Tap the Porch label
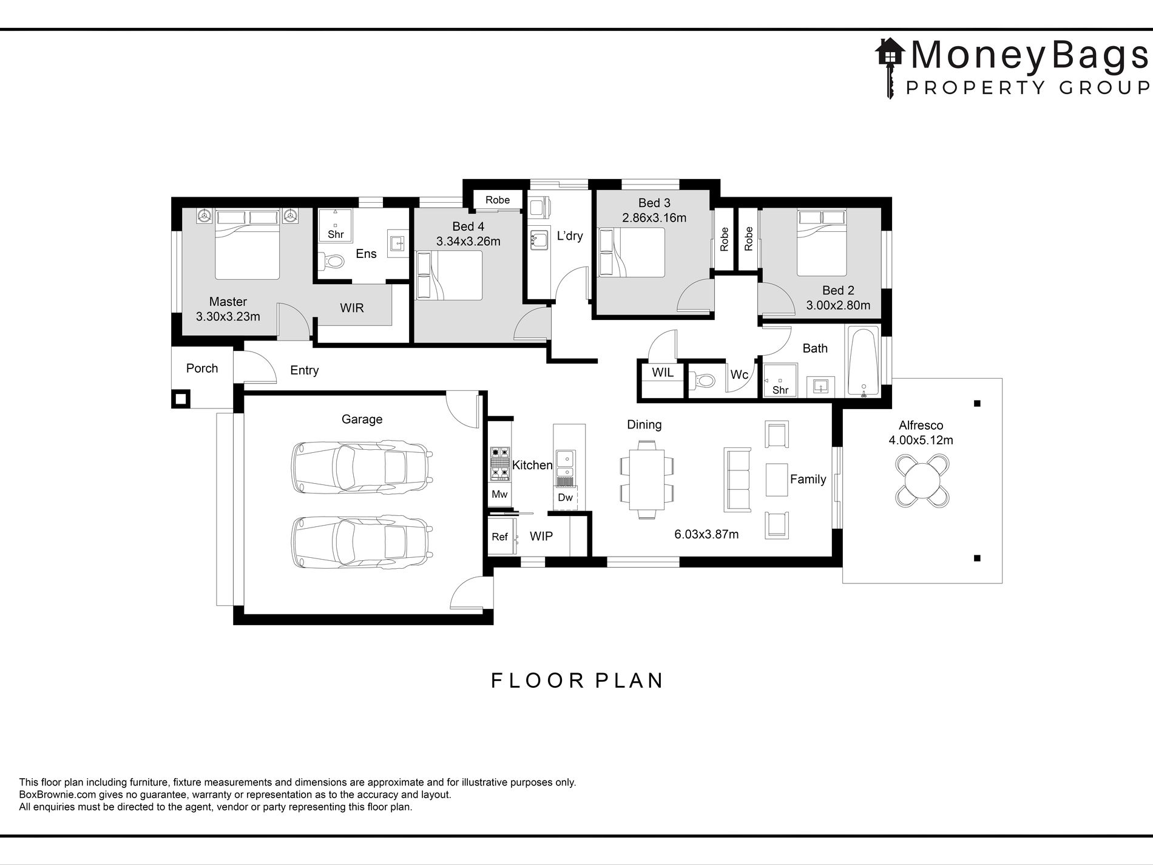[x=202, y=368]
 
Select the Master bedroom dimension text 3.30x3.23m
[x=228, y=316]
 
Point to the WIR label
[x=352, y=308]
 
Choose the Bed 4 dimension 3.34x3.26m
[x=468, y=242]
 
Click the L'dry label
[x=570, y=236]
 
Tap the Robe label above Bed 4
[x=498, y=200]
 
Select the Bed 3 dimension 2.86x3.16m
[x=654, y=217]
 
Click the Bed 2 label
[x=838, y=291]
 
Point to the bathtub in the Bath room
[x=863, y=362]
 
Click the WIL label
[x=663, y=373]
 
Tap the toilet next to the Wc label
[x=702, y=381]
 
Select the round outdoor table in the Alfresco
[x=922, y=481]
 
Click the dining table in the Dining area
[x=647, y=479]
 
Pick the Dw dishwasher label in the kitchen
[x=565, y=498]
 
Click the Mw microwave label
[x=499, y=495]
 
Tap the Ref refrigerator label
[x=499, y=537]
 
